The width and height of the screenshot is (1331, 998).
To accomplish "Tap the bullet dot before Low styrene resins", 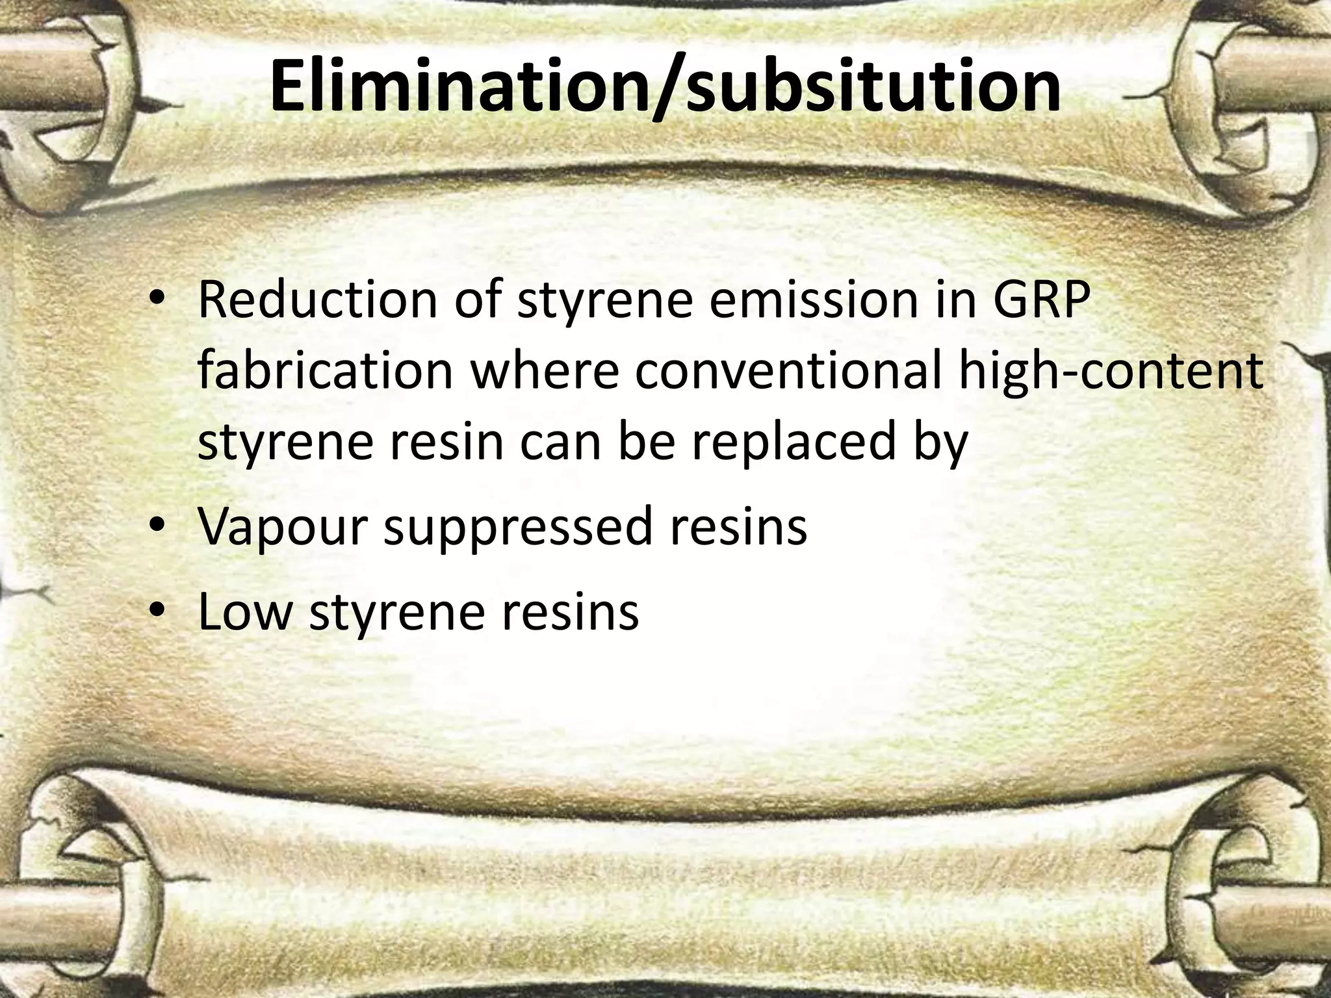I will coord(157,613).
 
